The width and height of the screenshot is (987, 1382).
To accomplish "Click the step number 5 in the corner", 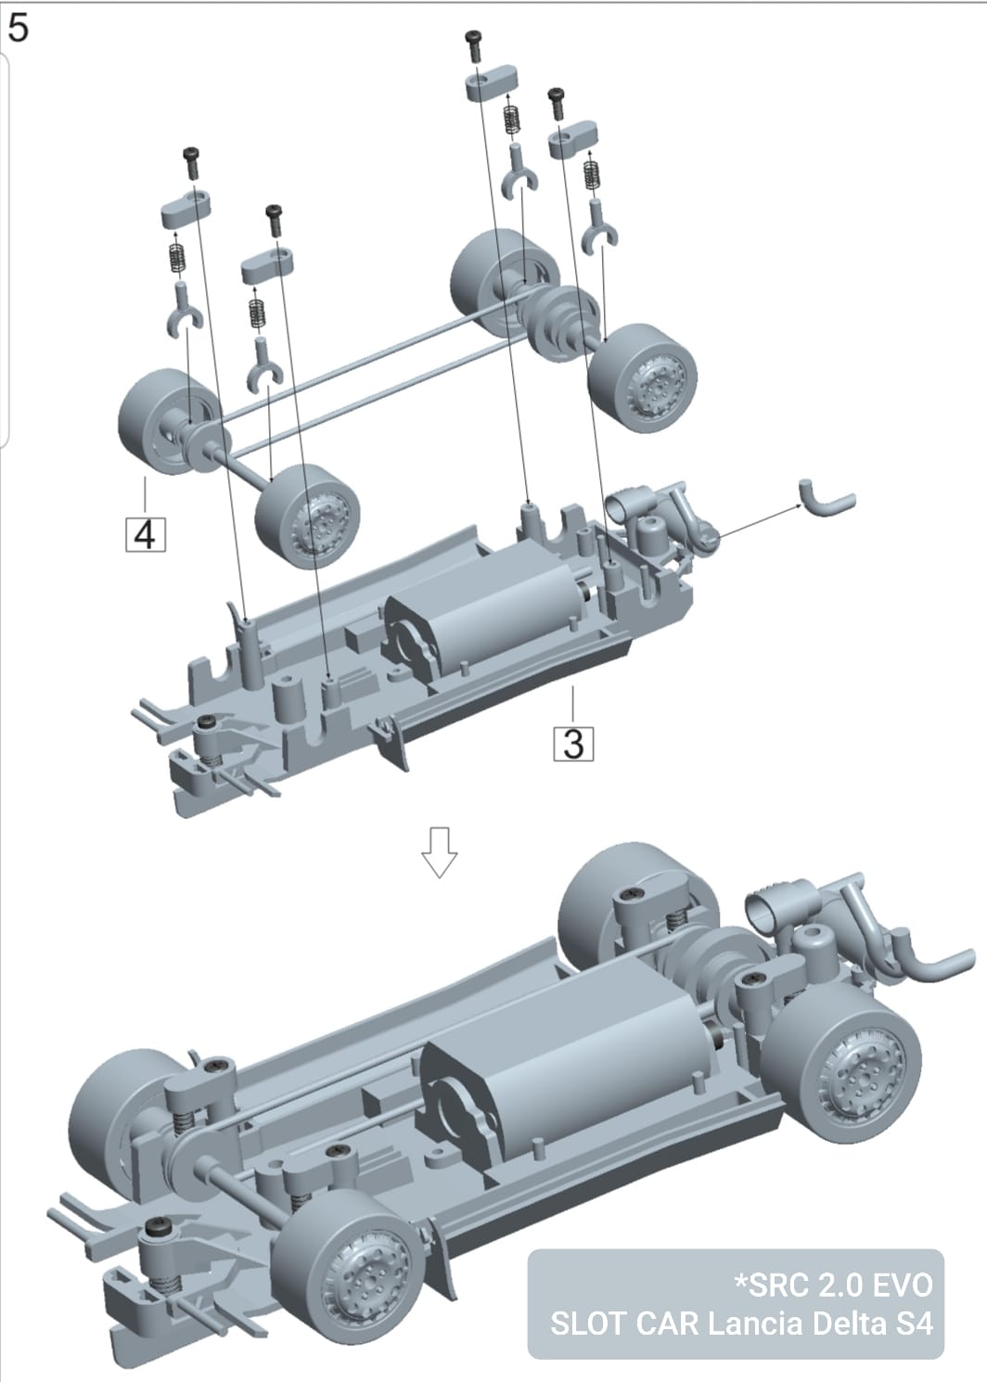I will pyautogui.click(x=18, y=27).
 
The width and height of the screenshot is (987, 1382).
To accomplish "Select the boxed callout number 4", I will pyautogui.click(x=146, y=534).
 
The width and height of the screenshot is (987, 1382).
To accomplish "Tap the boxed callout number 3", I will pyautogui.click(x=574, y=743).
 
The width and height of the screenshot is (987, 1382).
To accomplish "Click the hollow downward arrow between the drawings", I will pyautogui.click(x=439, y=851).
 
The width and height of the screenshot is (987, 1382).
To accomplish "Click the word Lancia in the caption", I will pyautogui.click(x=752, y=1323).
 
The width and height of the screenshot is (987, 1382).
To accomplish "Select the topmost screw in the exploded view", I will pyautogui.click(x=475, y=42).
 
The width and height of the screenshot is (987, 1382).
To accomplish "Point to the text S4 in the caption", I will pyautogui.click(x=915, y=1323).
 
